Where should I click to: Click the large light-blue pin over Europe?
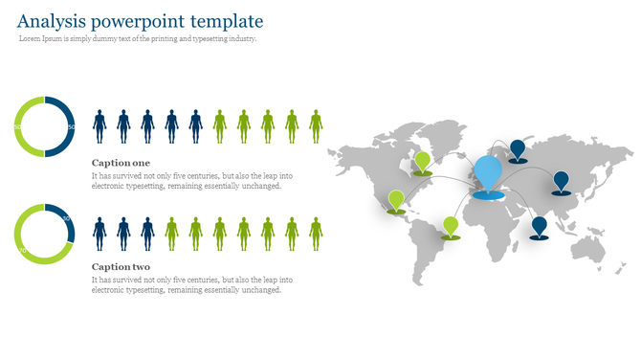488,173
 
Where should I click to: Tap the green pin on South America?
451,226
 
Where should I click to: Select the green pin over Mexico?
396,199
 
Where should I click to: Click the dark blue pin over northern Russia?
518,148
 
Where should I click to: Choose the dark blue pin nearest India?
540,226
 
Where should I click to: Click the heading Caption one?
121,163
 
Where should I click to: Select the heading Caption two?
121,266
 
